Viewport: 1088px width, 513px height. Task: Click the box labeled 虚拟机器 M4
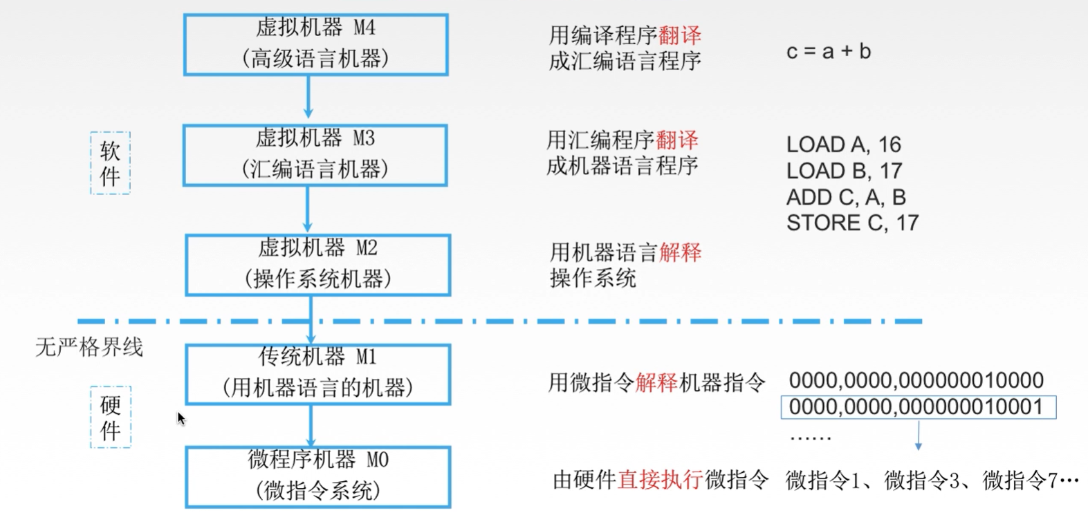click(315, 44)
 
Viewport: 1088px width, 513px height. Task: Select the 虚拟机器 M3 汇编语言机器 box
click(315, 155)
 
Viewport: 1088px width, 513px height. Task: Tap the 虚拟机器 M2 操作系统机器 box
click(317, 265)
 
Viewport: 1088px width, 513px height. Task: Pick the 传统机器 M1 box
click(317, 374)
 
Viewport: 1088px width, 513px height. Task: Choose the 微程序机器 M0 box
click(317, 476)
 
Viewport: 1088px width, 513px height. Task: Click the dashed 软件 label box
click(110, 163)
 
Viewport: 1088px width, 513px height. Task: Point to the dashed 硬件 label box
click(111, 417)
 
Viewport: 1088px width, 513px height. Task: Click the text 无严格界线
click(89, 346)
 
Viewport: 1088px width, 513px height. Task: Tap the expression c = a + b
click(828, 52)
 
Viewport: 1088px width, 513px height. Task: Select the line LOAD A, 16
click(843, 144)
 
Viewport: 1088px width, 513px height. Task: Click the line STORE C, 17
click(852, 223)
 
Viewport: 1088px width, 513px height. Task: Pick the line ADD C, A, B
click(845, 197)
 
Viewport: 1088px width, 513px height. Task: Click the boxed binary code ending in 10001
click(918, 407)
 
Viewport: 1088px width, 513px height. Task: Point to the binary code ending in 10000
click(916, 380)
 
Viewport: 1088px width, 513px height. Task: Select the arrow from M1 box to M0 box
click(311, 426)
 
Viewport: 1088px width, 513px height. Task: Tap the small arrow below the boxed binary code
click(918, 436)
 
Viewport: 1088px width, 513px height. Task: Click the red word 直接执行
click(660, 479)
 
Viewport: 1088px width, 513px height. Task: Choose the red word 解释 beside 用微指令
click(656, 382)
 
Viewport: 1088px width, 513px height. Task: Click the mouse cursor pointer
click(181, 418)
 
